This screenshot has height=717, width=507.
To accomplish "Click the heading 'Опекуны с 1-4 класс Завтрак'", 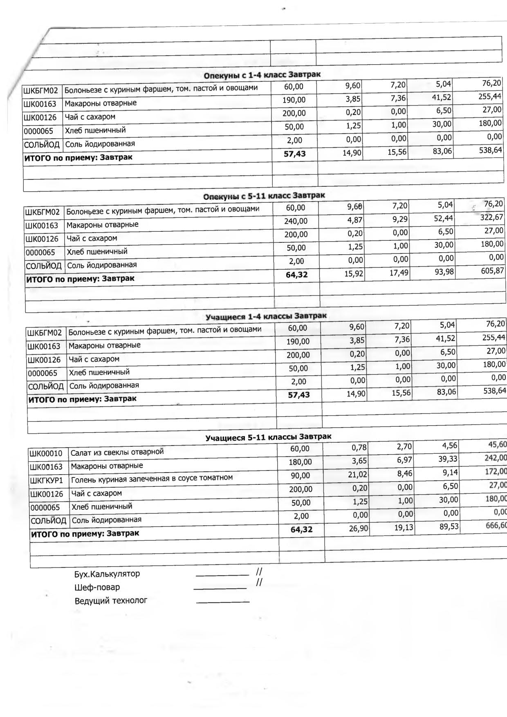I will point(262,75).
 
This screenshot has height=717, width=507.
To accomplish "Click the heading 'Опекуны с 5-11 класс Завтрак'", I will point(264,196).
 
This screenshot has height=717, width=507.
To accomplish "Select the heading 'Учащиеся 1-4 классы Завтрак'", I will point(266,316).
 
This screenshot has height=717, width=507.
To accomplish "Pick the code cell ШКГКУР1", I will point(47,480).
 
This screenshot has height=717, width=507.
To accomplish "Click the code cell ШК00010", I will point(46,453).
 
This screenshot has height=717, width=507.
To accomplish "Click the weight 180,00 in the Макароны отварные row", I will point(300,462).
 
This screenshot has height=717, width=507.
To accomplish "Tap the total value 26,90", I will point(359,529).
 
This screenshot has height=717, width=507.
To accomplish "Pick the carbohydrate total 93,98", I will point(444,271).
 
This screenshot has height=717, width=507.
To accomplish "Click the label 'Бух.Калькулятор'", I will point(107,574).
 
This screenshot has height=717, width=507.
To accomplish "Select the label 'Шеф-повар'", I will point(97,587).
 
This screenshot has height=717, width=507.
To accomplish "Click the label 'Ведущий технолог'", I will point(111,601).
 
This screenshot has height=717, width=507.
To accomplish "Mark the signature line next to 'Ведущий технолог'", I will point(223,602).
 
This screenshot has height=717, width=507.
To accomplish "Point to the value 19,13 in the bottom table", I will point(404,528).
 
